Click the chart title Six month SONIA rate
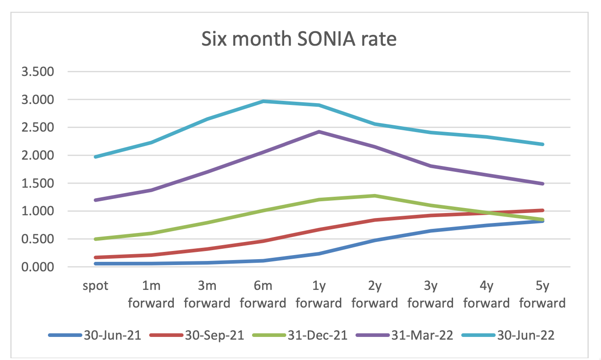299,40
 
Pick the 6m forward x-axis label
263,294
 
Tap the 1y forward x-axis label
319,294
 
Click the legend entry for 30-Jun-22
510,335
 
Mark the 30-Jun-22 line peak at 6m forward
263,101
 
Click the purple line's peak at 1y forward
319,132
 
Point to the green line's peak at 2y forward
375,196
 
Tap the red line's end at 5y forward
542,210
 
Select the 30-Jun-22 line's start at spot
95,157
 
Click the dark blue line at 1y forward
319,254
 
